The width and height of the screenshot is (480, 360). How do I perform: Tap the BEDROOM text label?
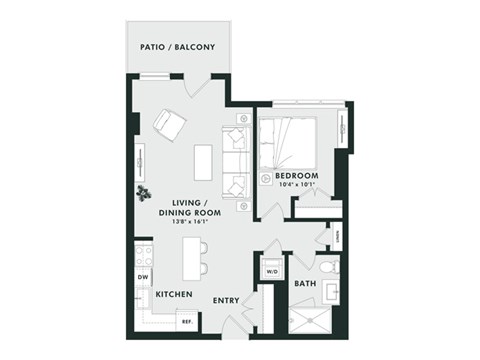[x=297, y=176]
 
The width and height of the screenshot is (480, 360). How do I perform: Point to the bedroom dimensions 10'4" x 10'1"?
[x=297, y=186]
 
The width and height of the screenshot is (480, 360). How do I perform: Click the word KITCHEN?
[x=175, y=295]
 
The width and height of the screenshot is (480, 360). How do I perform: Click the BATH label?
[x=305, y=284]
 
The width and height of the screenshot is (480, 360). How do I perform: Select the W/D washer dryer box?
[x=271, y=270]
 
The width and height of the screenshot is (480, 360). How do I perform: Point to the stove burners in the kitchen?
[x=143, y=254]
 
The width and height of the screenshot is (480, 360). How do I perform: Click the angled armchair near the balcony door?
[x=169, y=125]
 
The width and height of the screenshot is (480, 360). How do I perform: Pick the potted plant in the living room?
[x=145, y=191]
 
